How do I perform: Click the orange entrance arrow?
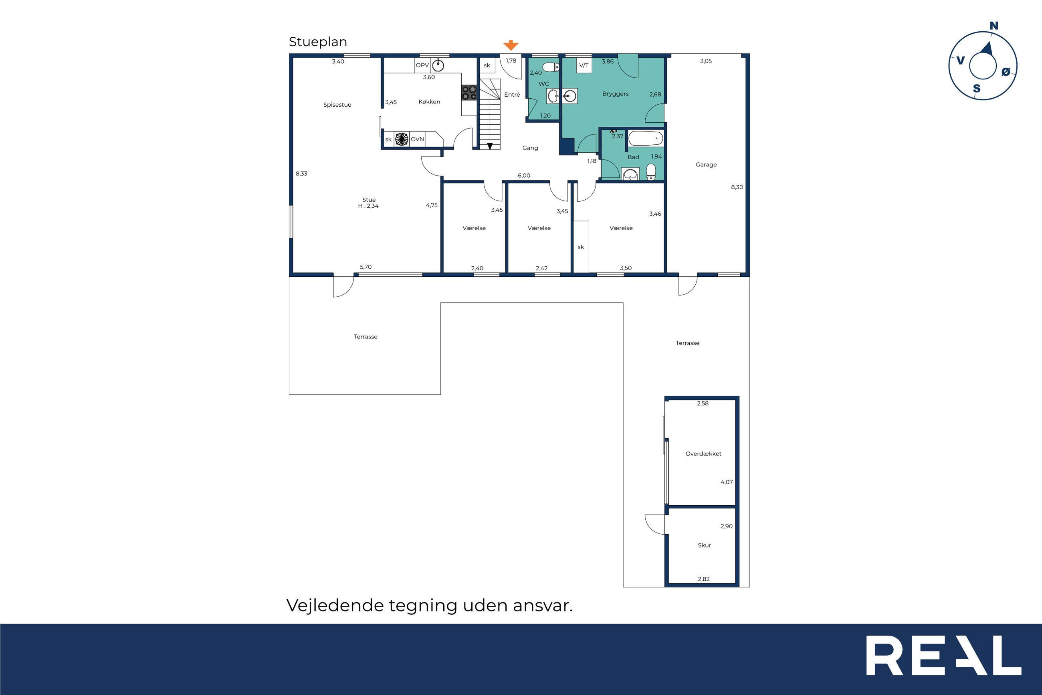pos(511,45)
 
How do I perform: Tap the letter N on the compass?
pos(994,26)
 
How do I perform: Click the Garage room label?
pos(706,164)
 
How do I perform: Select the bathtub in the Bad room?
pos(646,138)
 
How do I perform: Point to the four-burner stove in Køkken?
pos(469,93)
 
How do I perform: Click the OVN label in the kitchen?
pos(417,139)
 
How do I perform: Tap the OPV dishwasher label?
pos(422,65)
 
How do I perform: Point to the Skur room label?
pos(704,545)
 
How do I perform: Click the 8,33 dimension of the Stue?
pos(301,174)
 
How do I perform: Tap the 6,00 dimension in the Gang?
pos(524,176)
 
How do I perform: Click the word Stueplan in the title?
pos(318,42)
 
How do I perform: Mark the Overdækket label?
pos(703,454)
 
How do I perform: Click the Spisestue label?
pos(337,105)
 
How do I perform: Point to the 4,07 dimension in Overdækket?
pos(727,482)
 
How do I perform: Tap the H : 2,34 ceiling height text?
pos(368,206)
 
